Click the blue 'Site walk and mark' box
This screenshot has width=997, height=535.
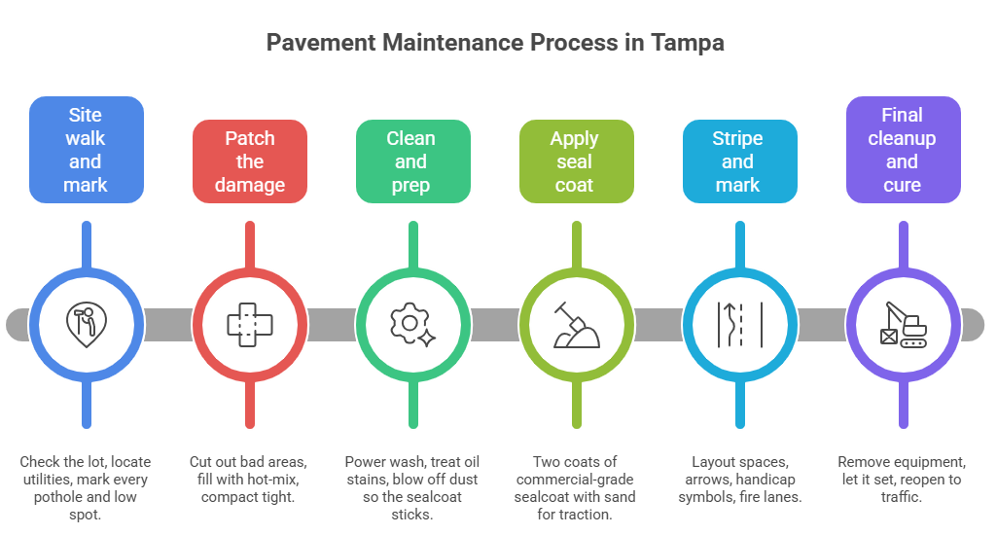[86, 150]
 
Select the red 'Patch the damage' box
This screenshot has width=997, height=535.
[250, 161]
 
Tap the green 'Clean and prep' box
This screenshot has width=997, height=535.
[411, 161]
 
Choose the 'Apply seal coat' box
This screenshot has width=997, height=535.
[575, 161]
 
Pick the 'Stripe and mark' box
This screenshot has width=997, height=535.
[738, 161]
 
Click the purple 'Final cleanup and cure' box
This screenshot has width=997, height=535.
[902, 150]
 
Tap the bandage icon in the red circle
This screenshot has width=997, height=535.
[250, 323]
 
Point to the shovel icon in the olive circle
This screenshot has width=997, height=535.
[575, 323]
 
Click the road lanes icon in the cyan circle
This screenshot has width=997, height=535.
[738, 323]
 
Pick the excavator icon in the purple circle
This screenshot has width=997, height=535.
[903, 323]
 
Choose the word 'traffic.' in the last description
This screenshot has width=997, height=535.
[901, 497]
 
